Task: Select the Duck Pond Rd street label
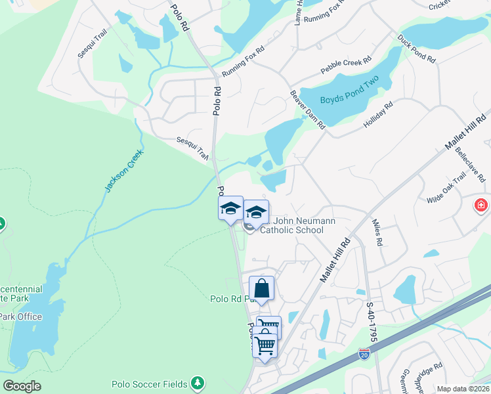pyautogui.click(x=417, y=49)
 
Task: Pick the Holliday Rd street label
pyautogui.click(x=377, y=115)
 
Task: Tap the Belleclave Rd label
pyautogui.click(x=471, y=165)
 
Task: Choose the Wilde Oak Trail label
pyautogui.click(x=446, y=187)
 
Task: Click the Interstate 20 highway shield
pyautogui.click(x=364, y=355)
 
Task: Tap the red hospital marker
pyautogui.click(x=482, y=206)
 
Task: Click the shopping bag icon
pyautogui.click(x=261, y=289)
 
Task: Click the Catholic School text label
pyautogui.click(x=291, y=230)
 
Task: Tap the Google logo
pyautogui.click(x=22, y=386)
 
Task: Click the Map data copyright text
pyautogui.click(x=462, y=389)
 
